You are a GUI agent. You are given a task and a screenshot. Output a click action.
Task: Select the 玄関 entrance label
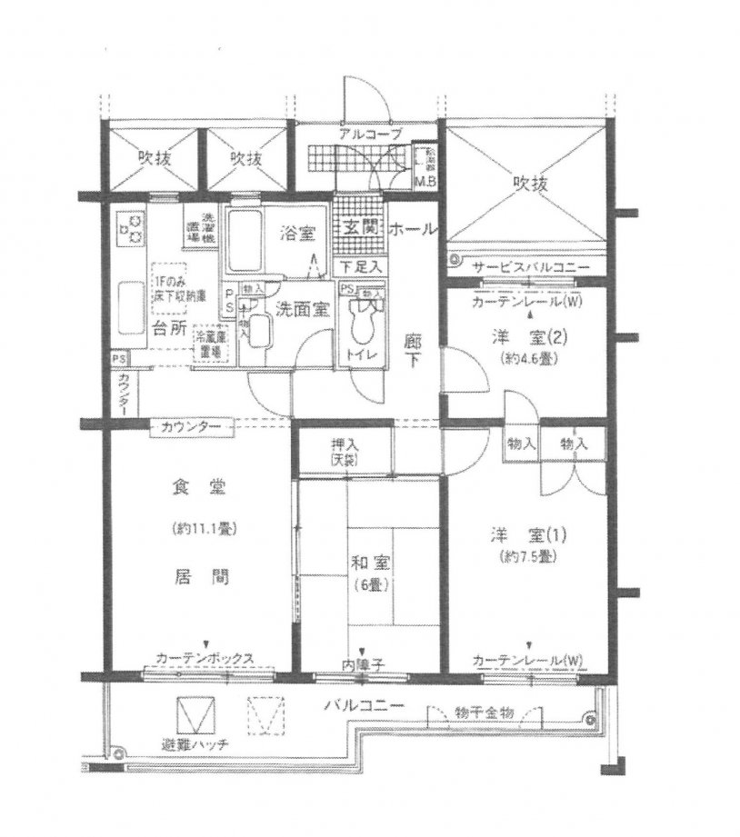[357, 229]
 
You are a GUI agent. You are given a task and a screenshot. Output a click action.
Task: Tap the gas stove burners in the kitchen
[133, 227]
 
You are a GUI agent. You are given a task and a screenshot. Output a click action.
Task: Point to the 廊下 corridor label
[412, 353]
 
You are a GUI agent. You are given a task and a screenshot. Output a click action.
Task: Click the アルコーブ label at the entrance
[365, 135]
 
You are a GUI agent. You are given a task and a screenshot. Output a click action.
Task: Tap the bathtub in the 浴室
[243, 241]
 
